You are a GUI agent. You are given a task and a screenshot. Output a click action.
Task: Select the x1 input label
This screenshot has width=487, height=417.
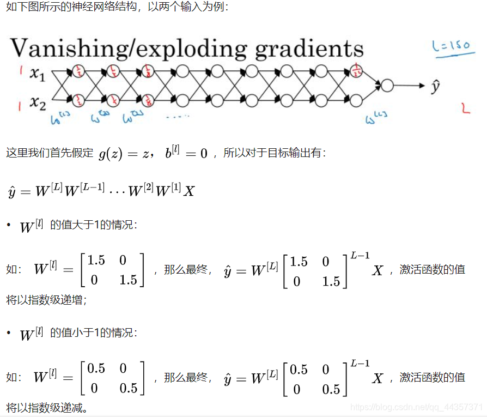click(x=38, y=74)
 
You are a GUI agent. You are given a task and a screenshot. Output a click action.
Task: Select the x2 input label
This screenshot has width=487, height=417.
click(x=38, y=102)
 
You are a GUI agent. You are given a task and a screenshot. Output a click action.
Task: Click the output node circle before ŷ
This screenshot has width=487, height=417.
click(x=387, y=86)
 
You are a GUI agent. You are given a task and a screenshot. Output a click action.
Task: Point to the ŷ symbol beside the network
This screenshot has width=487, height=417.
click(x=435, y=86)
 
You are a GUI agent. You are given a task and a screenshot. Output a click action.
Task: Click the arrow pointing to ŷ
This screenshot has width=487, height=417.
click(x=409, y=86)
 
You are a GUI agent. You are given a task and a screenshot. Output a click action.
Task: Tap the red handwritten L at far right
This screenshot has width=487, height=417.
click(x=465, y=108)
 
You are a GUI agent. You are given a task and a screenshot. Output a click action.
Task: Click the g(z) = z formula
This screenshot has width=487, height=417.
click(x=124, y=154)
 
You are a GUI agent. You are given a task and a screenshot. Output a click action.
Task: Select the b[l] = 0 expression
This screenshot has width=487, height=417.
click(x=187, y=153)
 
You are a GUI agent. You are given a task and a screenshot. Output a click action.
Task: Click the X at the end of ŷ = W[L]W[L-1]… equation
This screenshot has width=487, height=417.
click(x=188, y=191)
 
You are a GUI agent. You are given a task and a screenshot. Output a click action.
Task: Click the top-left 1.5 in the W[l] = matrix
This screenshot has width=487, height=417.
click(x=96, y=261)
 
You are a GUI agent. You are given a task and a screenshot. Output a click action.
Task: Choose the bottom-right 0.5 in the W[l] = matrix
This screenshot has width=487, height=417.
click(x=129, y=388)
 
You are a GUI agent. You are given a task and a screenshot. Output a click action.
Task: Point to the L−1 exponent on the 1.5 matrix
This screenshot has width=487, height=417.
click(x=360, y=255)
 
